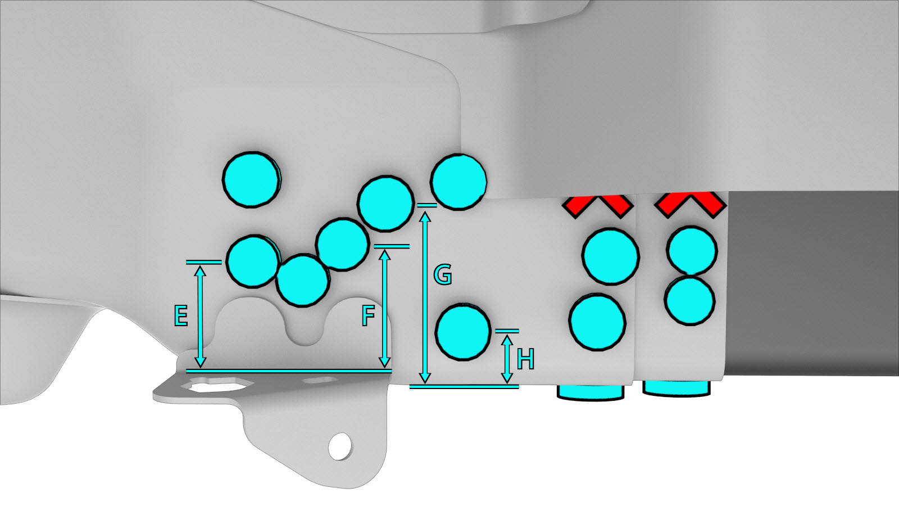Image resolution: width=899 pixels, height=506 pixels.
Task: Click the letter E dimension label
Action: (x=180, y=315)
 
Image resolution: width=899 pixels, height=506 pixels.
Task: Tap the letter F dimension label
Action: (x=368, y=315)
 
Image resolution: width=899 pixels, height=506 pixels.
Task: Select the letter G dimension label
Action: (x=443, y=275)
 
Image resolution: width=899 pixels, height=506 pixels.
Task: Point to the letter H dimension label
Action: (x=525, y=359)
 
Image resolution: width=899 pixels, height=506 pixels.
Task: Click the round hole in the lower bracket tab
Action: (x=340, y=446)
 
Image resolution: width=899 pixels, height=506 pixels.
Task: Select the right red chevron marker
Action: (x=691, y=205)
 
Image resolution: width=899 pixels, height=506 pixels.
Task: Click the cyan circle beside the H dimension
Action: (x=463, y=332)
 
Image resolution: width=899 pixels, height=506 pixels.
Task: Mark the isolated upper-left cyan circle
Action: (x=252, y=179)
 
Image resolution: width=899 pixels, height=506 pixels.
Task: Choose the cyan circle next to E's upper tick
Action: (x=252, y=261)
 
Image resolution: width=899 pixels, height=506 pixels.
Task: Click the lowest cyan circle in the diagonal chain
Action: (x=303, y=281)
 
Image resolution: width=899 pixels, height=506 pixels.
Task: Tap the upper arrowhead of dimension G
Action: (x=425, y=217)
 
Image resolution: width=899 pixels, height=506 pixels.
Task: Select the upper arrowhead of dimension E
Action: (x=200, y=272)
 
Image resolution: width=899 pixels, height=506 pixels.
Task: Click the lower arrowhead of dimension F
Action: (x=385, y=362)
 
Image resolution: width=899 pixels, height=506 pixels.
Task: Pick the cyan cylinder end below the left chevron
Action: (x=591, y=392)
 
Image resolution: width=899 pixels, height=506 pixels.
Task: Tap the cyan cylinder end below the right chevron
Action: (x=676, y=388)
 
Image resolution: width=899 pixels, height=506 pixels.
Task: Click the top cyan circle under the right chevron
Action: (x=692, y=251)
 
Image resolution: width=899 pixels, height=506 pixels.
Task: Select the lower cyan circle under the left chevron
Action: (x=597, y=322)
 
